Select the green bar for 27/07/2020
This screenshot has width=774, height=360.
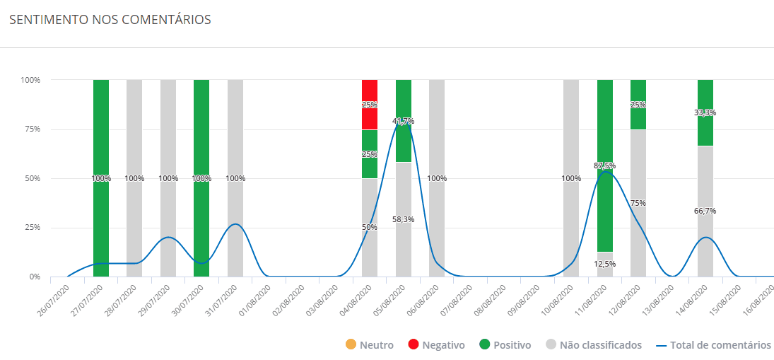(x=101, y=141)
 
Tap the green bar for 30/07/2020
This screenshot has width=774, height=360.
(x=201, y=141)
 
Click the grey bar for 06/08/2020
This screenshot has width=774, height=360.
(x=437, y=141)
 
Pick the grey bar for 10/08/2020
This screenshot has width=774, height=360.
(x=571, y=141)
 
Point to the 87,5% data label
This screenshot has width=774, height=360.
(x=605, y=166)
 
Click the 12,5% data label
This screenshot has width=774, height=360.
(x=605, y=264)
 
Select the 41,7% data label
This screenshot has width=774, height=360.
(x=404, y=121)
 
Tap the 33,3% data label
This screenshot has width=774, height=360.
(x=705, y=112)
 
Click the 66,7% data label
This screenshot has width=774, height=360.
(x=705, y=211)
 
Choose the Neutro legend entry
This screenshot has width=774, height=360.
(x=369, y=345)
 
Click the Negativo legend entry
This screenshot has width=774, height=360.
(x=436, y=345)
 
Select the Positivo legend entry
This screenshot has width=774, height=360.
(x=504, y=345)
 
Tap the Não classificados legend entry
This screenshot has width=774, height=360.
(x=593, y=345)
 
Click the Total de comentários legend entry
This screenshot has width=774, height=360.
(x=713, y=345)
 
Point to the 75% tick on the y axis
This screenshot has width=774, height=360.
(x=30, y=129)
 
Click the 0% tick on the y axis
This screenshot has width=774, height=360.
(x=34, y=277)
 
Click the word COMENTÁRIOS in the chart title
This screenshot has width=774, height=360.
(x=167, y=20)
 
